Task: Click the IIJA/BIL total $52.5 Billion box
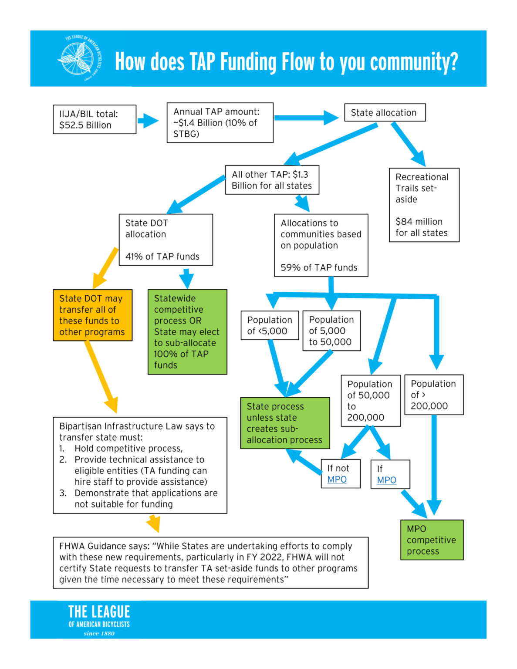coord(94,119)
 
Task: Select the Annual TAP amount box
coord(220,123)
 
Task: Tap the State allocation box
coord(384,112)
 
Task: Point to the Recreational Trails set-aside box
coord(423,205)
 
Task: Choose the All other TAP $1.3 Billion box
coord(272,180)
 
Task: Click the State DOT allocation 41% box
coord(166,240)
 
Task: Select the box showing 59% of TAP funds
coord(321,245)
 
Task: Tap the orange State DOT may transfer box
coord(92,315)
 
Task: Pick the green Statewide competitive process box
coord(187,331)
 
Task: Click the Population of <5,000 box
coord(269,325)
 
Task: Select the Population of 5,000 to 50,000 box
coord(331,331)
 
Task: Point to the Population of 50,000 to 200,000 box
coord(370,400)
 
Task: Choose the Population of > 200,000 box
coord(433,395)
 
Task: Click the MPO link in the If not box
coord(337,480)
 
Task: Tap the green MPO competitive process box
coord(431,540)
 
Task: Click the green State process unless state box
coord(285,423)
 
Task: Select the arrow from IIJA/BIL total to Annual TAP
coord(148,121)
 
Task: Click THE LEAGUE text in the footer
coord(99,612)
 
